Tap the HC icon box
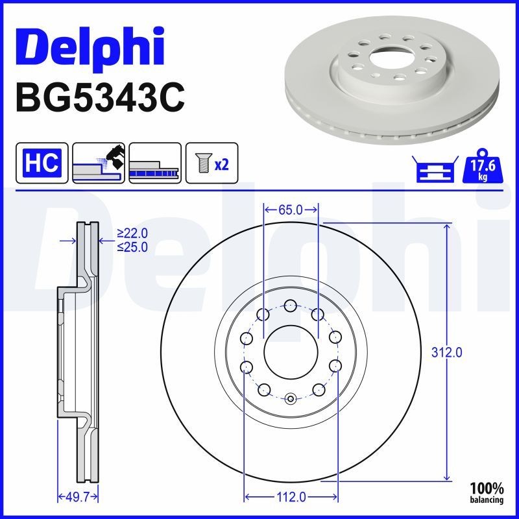[x=42, y=162]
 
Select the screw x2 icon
[x=211, y=162]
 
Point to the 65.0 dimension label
[x=291, y=210]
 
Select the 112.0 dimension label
[x=291, y=497]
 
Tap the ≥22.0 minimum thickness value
[x=132, y=233]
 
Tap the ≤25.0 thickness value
[x=132, y=247]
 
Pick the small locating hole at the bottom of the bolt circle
[x=291, y=398]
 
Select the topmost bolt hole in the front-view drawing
[x=291, y=305]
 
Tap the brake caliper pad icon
[x=99, y=162]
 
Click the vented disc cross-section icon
[x=154, y=162]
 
